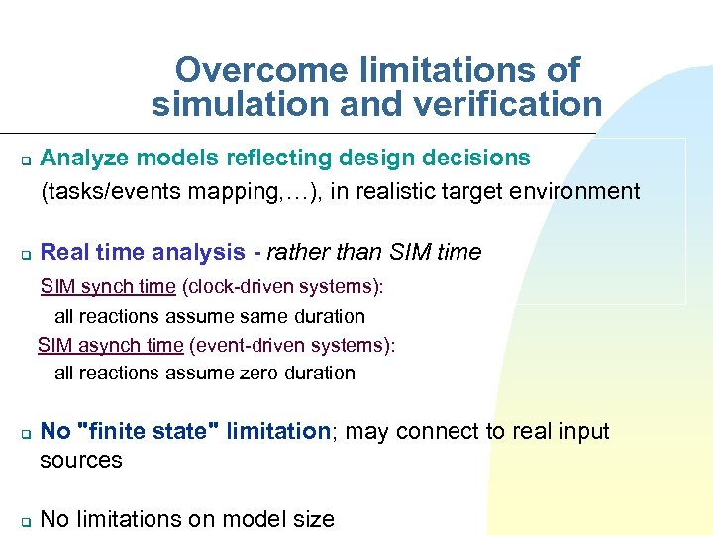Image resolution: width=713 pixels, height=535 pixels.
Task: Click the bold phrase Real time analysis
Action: [143, 253]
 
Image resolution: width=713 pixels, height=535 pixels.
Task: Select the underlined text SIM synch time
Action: [108, 287]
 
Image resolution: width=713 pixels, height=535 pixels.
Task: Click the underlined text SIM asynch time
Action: [110, 345]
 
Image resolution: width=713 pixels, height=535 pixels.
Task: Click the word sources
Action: [80, 461]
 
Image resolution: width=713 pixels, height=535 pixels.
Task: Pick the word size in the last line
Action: [313, 519]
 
